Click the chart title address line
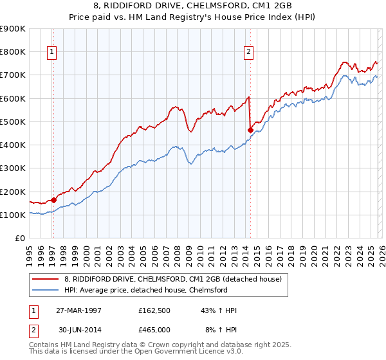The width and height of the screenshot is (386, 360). tap(192, 6)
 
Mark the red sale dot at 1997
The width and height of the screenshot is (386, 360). tap(54, 200)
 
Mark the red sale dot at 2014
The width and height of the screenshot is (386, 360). tap(250, 130)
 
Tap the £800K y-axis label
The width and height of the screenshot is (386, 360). tap(13, 51)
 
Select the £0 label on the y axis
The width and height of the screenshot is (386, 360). tap(20, 238)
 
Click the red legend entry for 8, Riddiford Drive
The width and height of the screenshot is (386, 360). tap(172, 279)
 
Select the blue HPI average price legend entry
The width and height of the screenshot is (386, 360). tap(145, 290)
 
